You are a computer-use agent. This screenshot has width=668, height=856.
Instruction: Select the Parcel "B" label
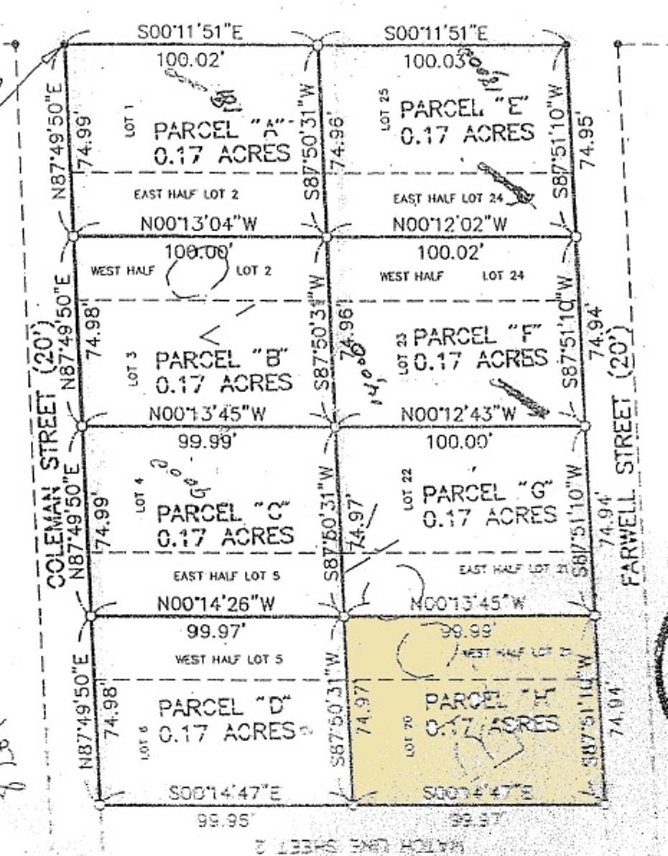[x=222, y=358]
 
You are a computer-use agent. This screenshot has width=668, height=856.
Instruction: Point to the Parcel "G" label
[x=488, y=493]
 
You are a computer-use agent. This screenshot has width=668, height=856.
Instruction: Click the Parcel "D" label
[x=221, y=707]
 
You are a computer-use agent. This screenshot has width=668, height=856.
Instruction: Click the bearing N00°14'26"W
[x=216, y=604]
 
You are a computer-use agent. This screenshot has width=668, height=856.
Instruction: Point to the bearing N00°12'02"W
[x=450, y=224]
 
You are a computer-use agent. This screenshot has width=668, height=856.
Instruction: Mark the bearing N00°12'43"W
[x=458, y=414]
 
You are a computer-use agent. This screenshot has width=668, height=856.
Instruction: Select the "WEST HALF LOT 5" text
[x=220, y=659]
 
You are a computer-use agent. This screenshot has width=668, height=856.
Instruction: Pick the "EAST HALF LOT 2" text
[x=187, y=194]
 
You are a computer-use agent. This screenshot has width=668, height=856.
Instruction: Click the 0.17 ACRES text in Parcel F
[x=481, y=359]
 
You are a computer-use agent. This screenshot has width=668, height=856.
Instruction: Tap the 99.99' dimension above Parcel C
[x=207, y=442]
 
